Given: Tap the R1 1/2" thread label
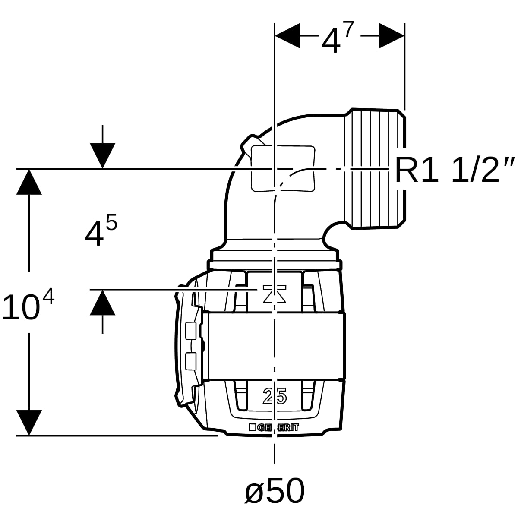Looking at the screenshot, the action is pyautogui.click(x=455, y=170).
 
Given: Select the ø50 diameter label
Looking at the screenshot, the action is pyautogui.click(x=275, y=490).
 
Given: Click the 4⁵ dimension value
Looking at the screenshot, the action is pyautogui.click(x=101, y=229).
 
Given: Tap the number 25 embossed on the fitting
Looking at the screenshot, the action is pyautogui.click(x=275, y=396).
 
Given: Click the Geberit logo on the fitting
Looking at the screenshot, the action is pyautogui.click(x=274, y=428).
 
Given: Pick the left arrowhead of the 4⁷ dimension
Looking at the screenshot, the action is pyautogui.click(x=287, y=35).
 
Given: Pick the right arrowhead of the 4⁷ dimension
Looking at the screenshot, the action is pyautogui.click(x=392, y=35).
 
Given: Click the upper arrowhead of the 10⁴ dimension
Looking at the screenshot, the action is pyautogui.click(x=29, y=182).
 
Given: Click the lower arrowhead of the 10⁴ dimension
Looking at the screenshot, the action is pyautogui.click(x=29, y=423).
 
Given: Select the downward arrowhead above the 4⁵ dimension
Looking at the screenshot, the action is pyautogui.click(x=102, y=156).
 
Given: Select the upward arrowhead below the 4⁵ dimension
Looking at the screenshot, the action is pyautogui.click(x=102, y=303).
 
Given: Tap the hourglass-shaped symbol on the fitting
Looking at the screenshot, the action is pyautogui.click(x=275, y=294).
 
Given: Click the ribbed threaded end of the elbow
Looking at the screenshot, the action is pyautogui.click(x=375, y=169).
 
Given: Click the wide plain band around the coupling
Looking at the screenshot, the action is pyautogui.click(x=274, y=346).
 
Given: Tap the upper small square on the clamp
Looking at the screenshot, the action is pyautogui.click(x=191, y=331).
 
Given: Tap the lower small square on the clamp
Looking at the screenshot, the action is pyautogui.click(x=191, y=361).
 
